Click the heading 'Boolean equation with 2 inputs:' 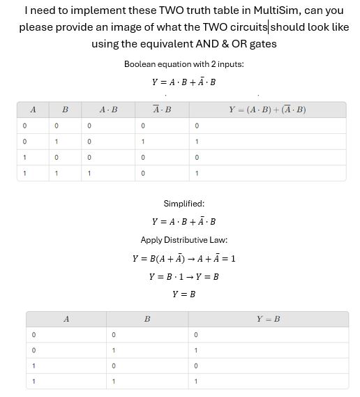(184, 64)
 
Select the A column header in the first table (33, 110)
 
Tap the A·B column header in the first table (109, 110)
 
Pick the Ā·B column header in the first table (162, 110)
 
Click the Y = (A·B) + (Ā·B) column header (267, 110)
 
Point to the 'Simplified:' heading (184, 204)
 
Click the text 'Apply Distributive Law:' (184, 240)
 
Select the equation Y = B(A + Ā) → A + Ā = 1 (184, 258)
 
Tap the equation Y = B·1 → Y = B (184, 276)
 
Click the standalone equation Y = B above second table (184, 294)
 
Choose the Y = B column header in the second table (268, 319)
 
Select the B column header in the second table (147, 319)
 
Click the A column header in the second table (66, 319)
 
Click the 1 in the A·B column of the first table (89, 173)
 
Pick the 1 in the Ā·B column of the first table (142, 142)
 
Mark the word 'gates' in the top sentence (261, 44)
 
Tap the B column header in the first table (65, 110)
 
